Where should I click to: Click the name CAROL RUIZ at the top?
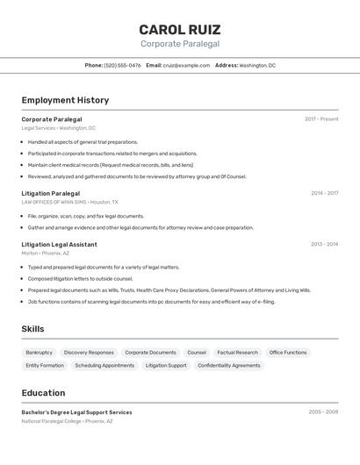(180, 29)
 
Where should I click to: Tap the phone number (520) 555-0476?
(122, 65)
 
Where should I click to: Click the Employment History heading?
(65, 100)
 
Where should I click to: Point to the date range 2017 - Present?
(321, 119)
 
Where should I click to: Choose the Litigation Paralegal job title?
(50, 193)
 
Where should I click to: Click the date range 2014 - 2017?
(324, 193)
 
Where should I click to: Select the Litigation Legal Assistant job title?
(59, 245)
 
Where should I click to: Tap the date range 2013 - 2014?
(324, 245)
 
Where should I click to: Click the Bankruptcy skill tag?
(39, 353)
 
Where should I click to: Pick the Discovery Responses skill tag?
(89, 353)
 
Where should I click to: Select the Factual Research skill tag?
(237, 353)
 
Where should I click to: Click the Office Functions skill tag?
(288, 353)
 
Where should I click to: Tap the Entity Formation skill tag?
(45, 365)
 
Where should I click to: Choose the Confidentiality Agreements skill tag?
(228, 365)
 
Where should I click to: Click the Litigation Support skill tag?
(166, 365)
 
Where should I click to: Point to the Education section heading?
(43, 393)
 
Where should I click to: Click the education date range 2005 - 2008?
(323, 411)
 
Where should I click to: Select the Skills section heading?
(32, 329)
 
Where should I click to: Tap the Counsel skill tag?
(197, 353)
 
